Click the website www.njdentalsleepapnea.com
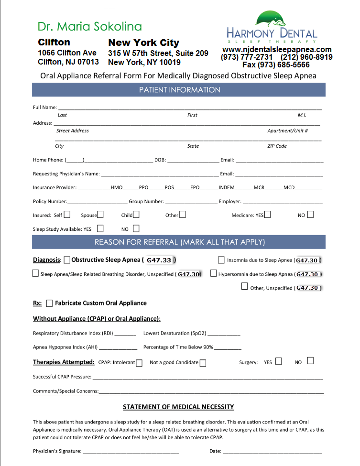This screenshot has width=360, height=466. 277,50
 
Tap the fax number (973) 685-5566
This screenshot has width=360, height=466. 276,65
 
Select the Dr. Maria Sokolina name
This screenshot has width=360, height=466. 90,26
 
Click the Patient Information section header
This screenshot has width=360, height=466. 179,90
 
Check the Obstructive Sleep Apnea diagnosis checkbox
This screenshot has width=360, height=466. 67,260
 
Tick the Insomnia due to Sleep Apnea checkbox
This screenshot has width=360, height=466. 221,260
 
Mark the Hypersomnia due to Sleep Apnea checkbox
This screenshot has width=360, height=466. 214,274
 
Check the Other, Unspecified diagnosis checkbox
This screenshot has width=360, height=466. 245,287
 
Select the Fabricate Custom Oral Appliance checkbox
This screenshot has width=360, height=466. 49,303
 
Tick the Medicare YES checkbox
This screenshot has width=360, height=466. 267,215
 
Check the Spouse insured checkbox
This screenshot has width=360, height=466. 100,215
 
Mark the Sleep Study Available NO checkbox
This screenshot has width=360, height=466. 136,228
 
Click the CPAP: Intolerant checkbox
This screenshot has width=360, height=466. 139,363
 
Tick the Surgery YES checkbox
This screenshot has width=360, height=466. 278,361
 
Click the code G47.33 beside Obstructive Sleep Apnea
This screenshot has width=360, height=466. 159,260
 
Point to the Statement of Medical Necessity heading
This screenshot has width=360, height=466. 178,407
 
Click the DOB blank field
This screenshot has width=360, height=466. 193,160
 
